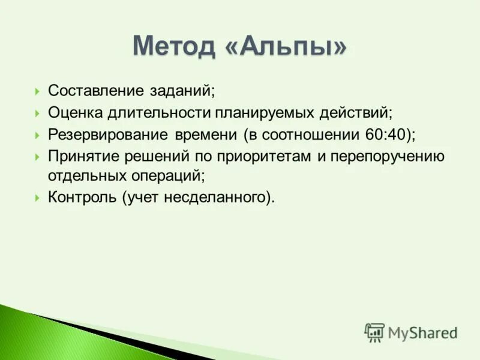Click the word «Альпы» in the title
point(287,46)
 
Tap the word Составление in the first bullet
point(95,91)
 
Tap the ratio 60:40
point(385,134)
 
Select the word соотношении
point(308,134)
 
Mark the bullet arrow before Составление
point(37,92)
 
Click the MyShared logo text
point(422,332)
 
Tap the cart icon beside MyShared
point(374,332)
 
